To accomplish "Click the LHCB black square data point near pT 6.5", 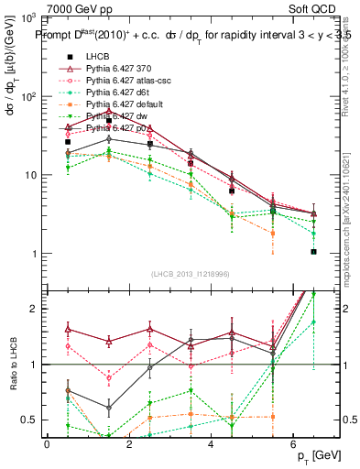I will coord(313,251).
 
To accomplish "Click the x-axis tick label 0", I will coord(47,444).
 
